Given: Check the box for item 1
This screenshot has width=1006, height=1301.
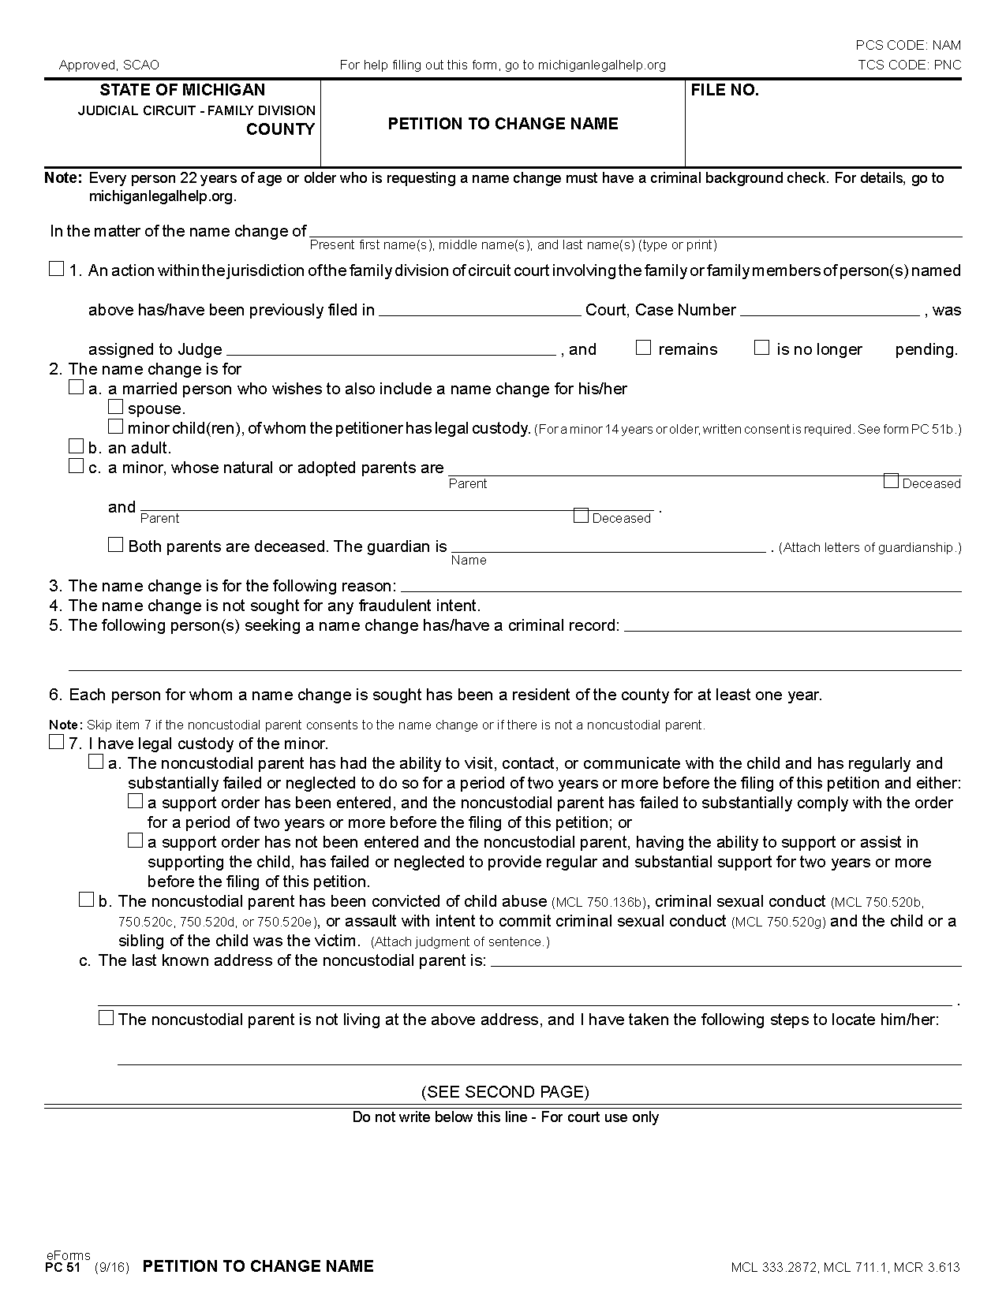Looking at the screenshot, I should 56,269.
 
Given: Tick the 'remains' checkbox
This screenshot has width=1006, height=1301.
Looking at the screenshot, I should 644,348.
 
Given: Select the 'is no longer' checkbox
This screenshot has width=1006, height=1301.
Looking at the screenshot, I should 761,348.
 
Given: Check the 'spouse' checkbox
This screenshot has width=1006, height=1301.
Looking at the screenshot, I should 116,407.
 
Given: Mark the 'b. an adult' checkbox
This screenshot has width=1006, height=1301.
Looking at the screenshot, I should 76,446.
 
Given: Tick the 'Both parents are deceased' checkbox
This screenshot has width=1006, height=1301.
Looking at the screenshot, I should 116,545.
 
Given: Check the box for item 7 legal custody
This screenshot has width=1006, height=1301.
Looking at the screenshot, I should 56,742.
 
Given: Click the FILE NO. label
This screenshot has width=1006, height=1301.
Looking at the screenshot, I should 724,91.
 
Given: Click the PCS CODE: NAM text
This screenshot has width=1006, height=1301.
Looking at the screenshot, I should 908,45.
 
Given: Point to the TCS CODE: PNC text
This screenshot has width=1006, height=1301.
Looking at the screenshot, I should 909,65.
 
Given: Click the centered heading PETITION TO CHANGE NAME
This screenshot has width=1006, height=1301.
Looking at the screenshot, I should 503,124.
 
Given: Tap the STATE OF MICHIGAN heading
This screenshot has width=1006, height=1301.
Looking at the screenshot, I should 182,90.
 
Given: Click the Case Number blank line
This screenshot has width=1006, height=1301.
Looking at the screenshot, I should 829,309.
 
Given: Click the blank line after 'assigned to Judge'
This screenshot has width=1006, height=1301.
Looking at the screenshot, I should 391,349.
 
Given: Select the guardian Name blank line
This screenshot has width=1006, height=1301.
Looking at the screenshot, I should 608,546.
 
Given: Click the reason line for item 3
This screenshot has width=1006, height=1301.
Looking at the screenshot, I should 681,585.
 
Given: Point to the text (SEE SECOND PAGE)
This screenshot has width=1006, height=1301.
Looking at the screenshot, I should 505,1092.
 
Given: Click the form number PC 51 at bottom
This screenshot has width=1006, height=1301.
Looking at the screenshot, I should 63,1267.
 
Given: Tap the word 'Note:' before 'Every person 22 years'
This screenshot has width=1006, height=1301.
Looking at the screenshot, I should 63,178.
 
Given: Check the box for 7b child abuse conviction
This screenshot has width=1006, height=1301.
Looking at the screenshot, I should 86,900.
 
